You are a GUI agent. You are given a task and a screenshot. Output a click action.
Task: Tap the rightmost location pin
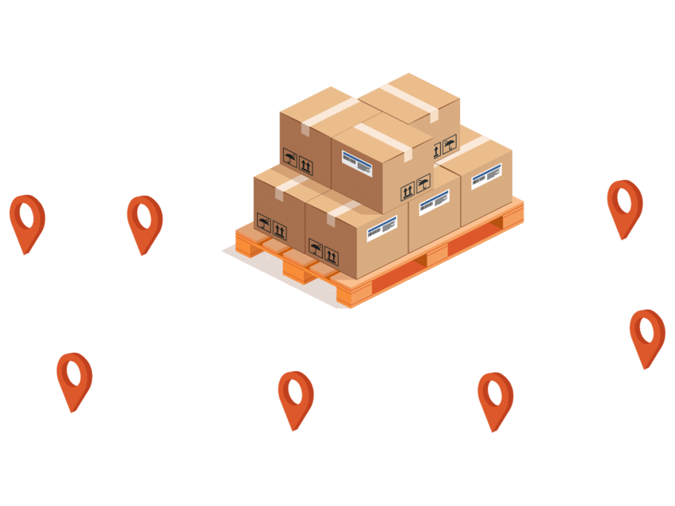coord(647,336)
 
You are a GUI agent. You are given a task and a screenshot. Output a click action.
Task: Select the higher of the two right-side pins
coord(624,206)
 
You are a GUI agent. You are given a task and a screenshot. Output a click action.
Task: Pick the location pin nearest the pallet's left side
coord(144,221)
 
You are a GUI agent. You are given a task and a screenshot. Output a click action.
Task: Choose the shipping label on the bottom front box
coord(382,226)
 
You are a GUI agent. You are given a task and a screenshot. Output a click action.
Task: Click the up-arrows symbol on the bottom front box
coord(332,256)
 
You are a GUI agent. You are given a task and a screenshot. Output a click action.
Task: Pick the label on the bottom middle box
coord(434,201)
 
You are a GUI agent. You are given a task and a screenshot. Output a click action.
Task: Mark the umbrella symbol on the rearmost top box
coord(450,144)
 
